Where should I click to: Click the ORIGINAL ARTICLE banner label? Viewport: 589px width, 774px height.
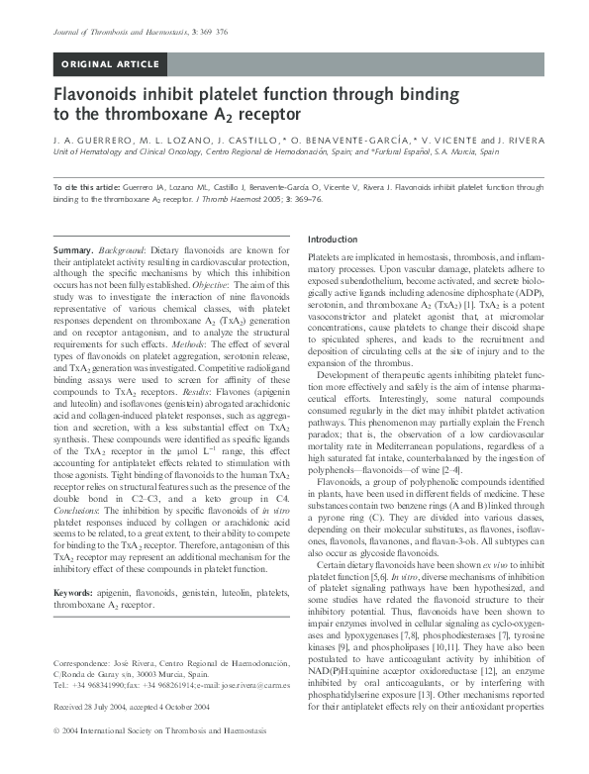(110, 64)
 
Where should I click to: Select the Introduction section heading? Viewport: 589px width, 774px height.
(333, 241)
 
